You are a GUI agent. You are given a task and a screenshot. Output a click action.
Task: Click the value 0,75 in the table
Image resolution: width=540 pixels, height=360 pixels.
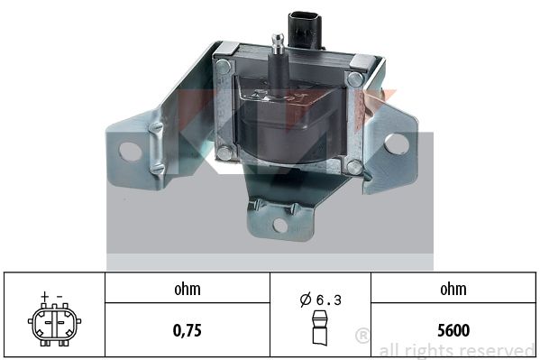[187, 330]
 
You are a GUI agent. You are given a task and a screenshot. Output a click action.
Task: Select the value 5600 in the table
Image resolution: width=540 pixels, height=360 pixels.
[453, 330]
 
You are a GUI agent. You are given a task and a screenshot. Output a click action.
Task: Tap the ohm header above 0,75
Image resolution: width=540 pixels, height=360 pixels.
[187, 289]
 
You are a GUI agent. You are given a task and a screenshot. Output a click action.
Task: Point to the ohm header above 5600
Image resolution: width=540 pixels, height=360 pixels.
[453, 289]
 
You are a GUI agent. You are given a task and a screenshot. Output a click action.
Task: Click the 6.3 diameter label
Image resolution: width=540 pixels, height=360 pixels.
[328, 300]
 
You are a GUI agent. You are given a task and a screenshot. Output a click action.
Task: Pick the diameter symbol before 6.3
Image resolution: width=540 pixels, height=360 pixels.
[306, 300]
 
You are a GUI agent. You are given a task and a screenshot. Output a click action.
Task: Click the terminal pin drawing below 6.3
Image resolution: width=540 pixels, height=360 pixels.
[320, 328]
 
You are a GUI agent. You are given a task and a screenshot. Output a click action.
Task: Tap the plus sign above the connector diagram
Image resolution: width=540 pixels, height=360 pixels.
[44, 296]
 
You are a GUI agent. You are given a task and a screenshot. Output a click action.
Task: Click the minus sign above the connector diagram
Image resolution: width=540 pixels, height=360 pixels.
[59, 296]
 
